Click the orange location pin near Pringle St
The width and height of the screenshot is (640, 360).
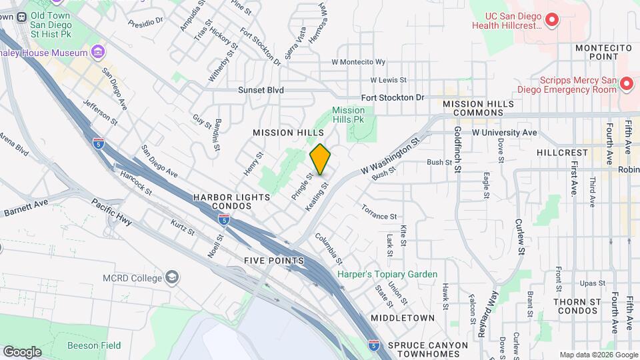(x=320, y=159)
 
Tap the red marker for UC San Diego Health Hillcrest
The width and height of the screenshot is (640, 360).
(x=551, y=21)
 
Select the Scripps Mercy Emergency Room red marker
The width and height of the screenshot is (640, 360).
(x=626, y=84)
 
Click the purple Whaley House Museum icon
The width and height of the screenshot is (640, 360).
(x=98, y=52)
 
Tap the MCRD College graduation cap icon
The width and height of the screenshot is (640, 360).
(x=172, y=277)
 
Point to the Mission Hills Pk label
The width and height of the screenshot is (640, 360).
(x=349, y=115)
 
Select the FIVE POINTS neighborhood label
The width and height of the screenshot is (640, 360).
(x=274, y=260)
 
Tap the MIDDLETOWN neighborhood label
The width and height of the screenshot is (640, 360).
(x=403, y=318)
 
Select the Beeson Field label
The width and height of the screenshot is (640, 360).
(x=94, y=345)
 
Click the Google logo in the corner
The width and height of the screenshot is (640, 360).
(x=22, y=352)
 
